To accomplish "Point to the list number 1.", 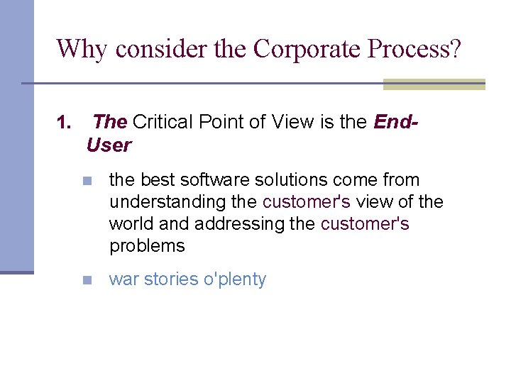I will pos(64,123).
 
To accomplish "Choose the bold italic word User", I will pos(109,145).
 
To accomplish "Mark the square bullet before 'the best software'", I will pos(87,181).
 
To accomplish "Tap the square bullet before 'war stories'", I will pos(87,280).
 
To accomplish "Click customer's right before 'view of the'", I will pos(307,202).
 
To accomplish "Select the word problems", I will pos(147,246).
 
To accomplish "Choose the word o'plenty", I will pos(234,279).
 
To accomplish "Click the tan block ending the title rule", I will pos(434,84).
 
